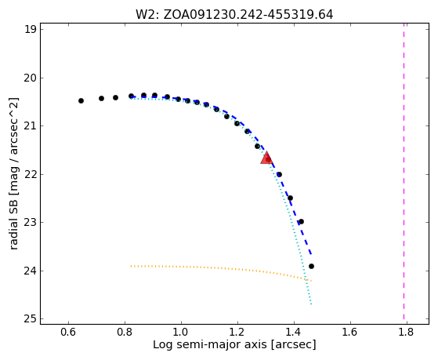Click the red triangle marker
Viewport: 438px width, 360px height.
click(x=266, y=158)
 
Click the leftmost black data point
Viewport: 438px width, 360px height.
click(x=81, y=100)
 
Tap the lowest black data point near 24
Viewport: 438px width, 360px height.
click(x=311, y=267)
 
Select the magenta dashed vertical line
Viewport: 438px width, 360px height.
click(x=404, y=171)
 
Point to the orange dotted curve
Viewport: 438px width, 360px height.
click(x=221, y=267)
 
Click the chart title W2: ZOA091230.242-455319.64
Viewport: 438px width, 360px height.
click(x=234, y=15)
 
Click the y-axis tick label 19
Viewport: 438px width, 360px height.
click(x=31, y=29)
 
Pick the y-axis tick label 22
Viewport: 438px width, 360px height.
click(x=31, y=174)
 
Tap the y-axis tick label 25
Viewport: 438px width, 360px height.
click(x=31, y=319)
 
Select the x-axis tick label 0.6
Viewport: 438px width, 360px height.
click(x=68, y=332)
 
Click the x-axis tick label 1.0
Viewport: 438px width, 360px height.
click(x=181, y=332)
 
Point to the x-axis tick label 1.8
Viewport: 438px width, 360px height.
click(x=407, y=332)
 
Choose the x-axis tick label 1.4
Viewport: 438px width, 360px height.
click(x=294, y=332)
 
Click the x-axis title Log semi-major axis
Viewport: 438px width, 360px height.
click(x=210, y=344)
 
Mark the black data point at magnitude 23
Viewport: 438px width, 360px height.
click(x=301, y=221)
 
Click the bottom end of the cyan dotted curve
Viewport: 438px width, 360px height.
click(x=311, y=304)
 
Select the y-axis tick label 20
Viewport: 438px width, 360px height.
click(x=31, y=78)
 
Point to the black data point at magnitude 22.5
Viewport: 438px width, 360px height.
click(x=290, y=198)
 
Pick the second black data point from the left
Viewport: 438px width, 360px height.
click(x=101, y=98)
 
